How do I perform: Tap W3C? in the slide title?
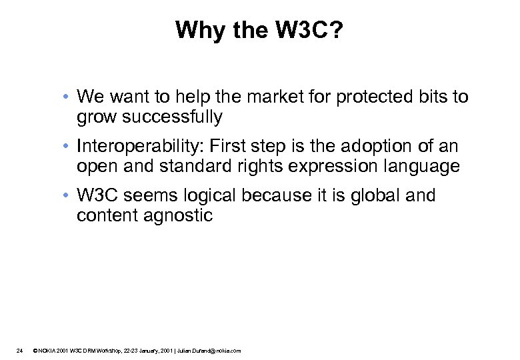pyautogui.click(x=304, y=30)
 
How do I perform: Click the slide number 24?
pyautogui.click(x=20, y=351)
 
